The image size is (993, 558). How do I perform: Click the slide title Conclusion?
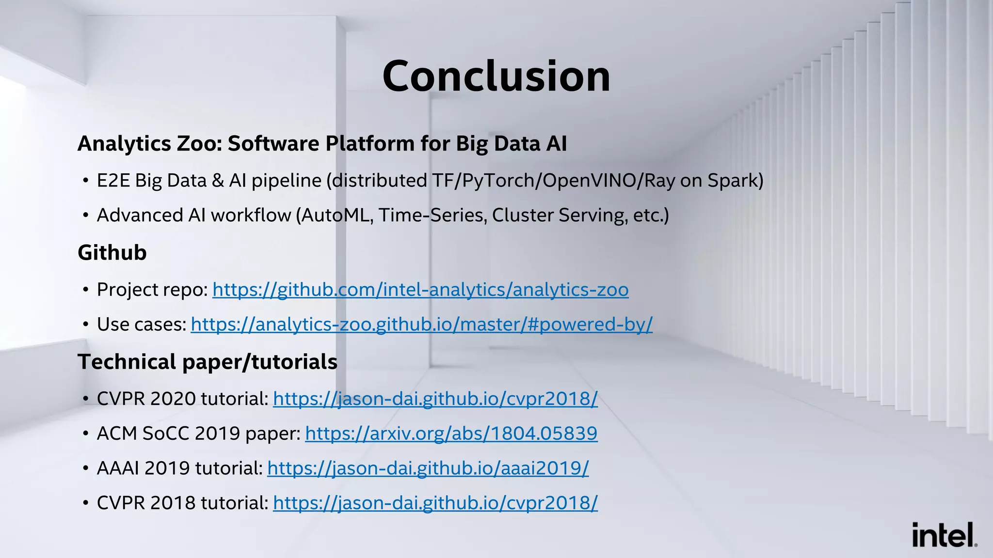[x=496, y=76]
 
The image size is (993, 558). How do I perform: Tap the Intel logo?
[x=944, y=535]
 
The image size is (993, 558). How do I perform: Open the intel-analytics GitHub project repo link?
[x=420, y=290]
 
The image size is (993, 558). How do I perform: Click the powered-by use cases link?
[x=421, y=325]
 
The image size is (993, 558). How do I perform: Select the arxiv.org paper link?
[x=451, y=434]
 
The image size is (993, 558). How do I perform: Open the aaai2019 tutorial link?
[x=428, y=468]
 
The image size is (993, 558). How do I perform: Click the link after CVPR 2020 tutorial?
[x=435, y=399]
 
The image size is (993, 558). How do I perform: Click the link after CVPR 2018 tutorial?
[x=435, y=503]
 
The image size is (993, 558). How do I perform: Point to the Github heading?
[x=112, y=253]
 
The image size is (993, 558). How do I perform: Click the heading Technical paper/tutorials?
[x=208, y=362]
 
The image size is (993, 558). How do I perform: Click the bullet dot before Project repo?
[x=85, y=290]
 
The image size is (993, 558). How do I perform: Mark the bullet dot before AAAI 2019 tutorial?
[x=85, y=469]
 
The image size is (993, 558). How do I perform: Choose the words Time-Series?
[x=432, y=216]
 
